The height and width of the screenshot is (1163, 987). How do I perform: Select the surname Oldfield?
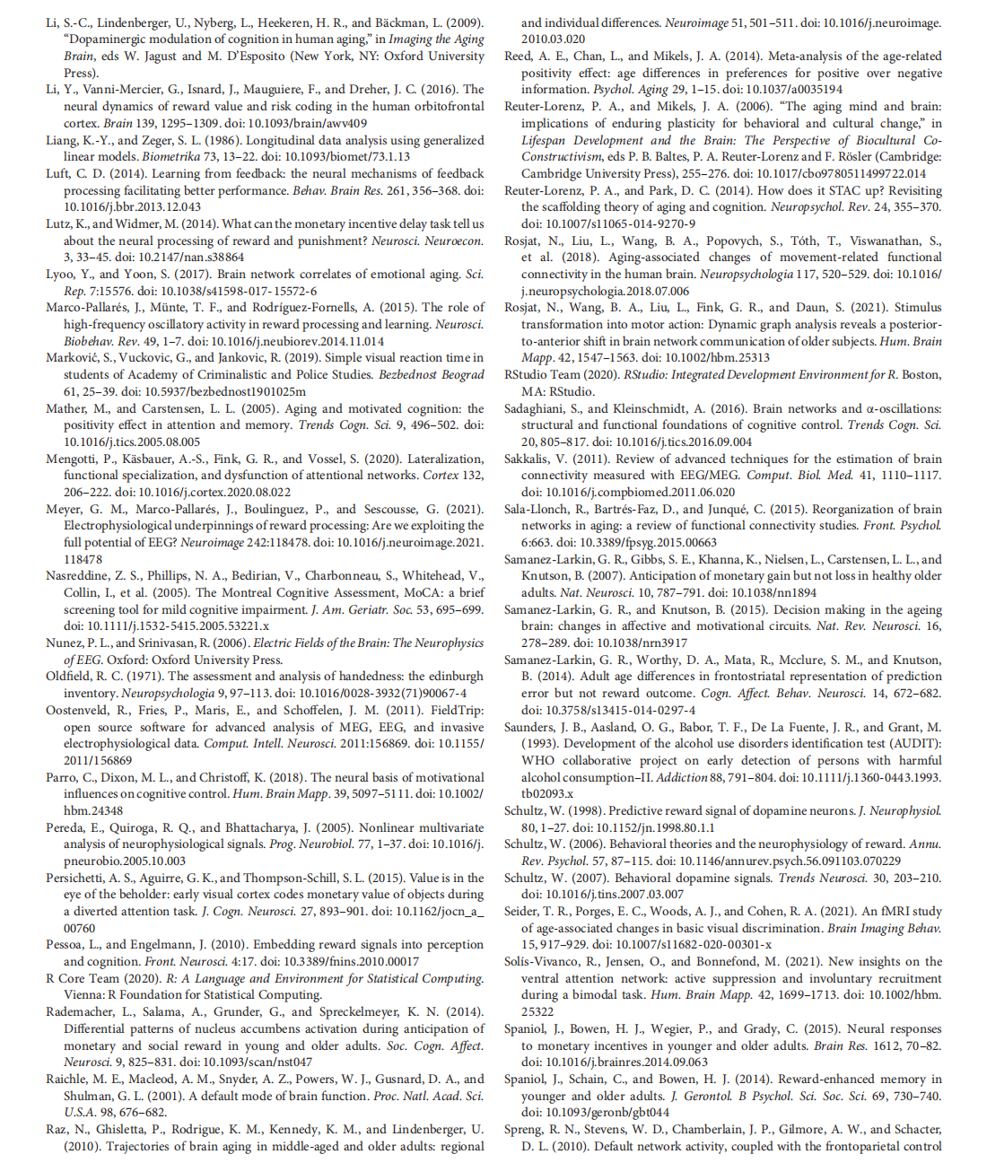point(71,676)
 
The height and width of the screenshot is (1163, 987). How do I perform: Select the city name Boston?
point(922,374)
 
